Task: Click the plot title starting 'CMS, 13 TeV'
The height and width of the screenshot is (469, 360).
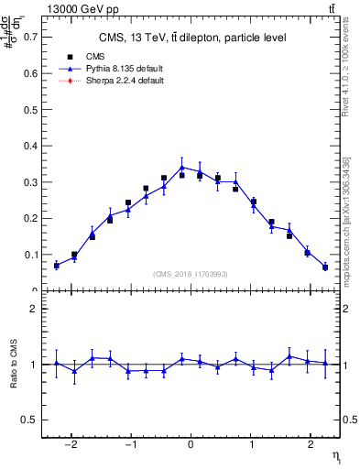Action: click(x=193, y=38)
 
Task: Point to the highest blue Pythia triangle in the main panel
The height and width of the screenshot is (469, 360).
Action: click(x=182, y=168)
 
